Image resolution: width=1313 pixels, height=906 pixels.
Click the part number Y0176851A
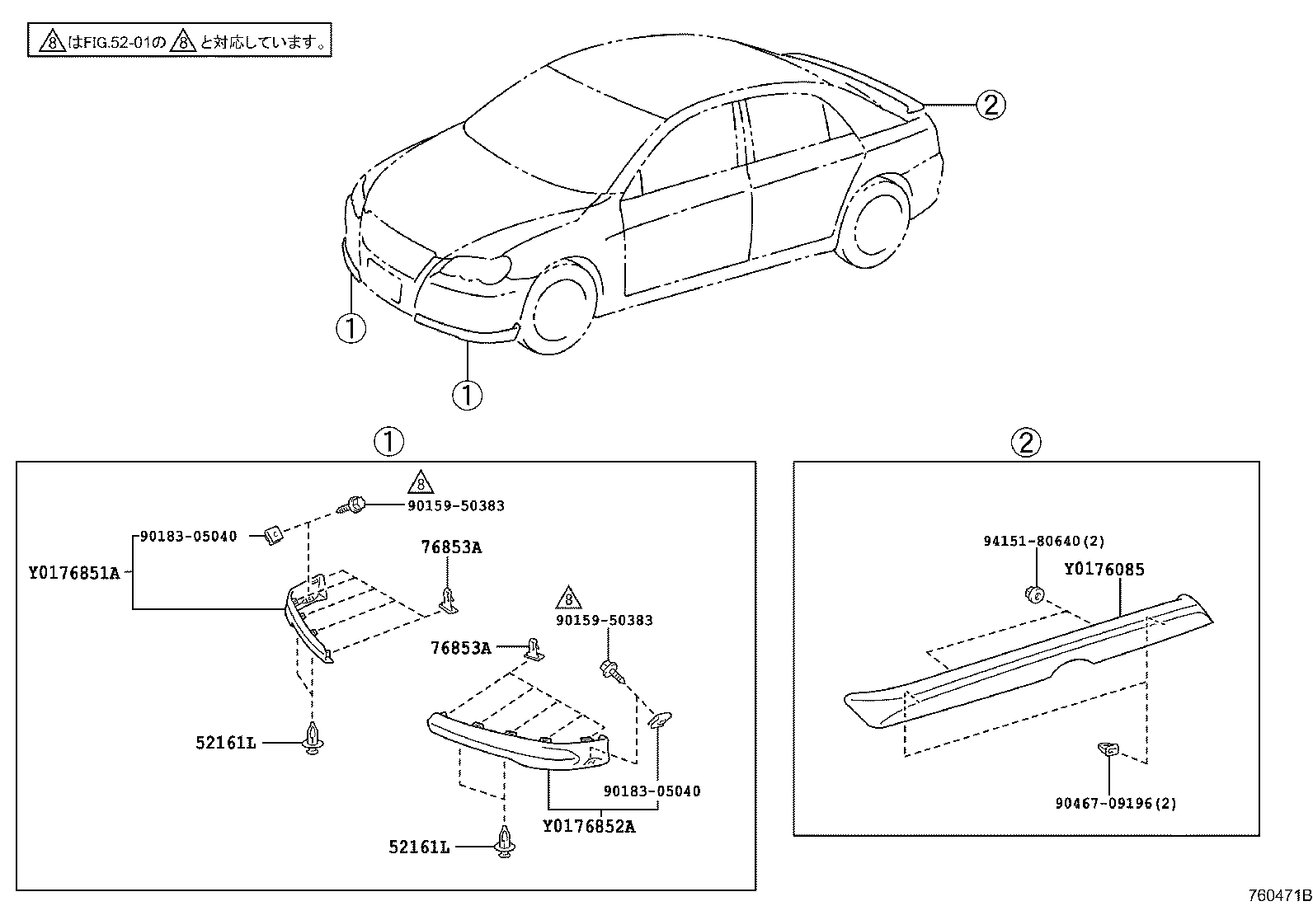[x=74, y=572]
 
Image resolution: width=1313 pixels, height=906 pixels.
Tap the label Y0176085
[x=1104, y=570]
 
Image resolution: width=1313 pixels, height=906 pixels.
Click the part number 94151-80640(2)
[x=1043, y=542]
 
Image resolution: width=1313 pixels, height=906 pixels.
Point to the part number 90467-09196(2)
[x=1116, y=803]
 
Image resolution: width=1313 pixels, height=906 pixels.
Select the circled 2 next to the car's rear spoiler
[x=990, y=105]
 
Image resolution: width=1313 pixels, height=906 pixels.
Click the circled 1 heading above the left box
[x=388, y=442]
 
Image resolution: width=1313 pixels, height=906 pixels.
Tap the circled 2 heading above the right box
[x=1026, y=443]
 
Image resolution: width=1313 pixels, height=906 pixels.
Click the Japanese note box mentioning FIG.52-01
[x=180, y=40]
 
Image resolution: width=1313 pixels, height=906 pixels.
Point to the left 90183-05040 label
[x=188, y=537]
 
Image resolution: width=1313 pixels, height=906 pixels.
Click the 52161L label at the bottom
[x=420, y=847]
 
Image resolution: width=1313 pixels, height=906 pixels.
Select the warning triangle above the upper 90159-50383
[x=420, y=482]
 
